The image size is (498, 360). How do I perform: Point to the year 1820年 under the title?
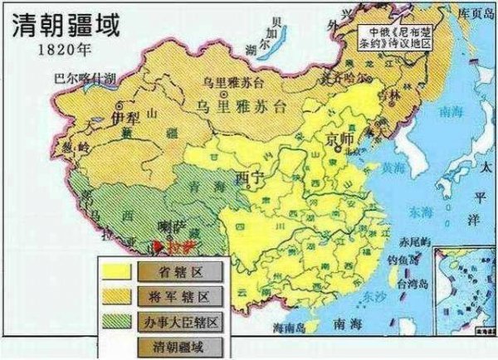(61, 48)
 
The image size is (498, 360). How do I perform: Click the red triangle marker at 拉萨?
(158, 245)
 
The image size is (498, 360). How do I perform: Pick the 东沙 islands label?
(368, 294)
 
